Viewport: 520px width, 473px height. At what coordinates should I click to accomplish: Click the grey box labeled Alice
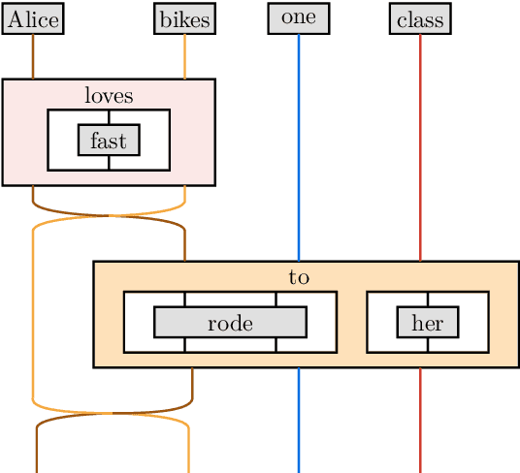[33, 19]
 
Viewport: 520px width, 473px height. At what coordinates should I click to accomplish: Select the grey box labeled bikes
[184, 19]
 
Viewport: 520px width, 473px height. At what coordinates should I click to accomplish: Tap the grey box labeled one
[299, 18]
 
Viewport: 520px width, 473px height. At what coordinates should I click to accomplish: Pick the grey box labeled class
[420, 19]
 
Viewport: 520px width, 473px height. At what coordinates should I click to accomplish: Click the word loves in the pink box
[109, 95]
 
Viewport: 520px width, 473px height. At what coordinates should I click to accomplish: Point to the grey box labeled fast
[109, 141]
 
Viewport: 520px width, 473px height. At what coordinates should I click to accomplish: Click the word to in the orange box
[299, 277]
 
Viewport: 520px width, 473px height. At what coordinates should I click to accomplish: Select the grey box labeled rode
[230, 323]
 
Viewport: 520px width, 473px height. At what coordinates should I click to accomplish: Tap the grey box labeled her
[427, 323]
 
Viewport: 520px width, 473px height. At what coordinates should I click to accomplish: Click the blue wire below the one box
[299, 145]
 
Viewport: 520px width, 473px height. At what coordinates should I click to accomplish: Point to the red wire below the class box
[420, 145]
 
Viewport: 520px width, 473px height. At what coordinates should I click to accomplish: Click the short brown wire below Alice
[33, 56]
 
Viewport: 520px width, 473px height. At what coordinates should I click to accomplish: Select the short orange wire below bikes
[184, 56]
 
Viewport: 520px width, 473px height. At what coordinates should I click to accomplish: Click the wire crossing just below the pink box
[109, 216]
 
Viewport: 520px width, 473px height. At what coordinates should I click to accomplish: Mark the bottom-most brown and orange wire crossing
[113, 414]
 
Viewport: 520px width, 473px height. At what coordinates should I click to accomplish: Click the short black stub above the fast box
[109, 117]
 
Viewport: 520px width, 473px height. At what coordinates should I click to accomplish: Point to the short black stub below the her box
[427, 345]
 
